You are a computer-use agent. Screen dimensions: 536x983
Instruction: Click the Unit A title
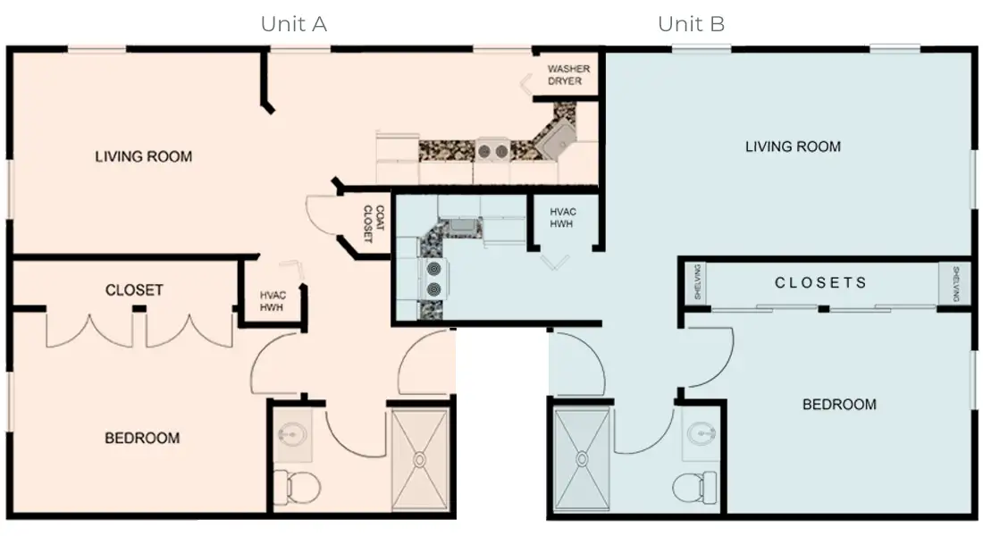click(x=293, y=24)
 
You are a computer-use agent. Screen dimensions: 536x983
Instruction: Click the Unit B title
click(x=691, y=24)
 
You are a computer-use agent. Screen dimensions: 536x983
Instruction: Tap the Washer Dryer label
click(x=565, y=74)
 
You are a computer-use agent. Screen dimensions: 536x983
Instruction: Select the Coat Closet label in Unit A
click(x=374, y=224)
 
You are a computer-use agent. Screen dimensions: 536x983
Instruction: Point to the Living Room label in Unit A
click(x=143, y=156)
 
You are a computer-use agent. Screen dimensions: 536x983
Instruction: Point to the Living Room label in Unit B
click(x=793, y=146)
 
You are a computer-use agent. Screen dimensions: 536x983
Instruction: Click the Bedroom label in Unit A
click(x=142, y=438)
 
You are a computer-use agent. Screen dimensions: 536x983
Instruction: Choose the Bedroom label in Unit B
click(x=839, y=404)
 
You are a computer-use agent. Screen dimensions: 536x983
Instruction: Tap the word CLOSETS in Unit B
click(x=820, y=282)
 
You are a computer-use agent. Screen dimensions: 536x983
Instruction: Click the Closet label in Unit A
click(x=134, y=290)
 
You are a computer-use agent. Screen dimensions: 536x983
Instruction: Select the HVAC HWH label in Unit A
click(x=273, y=300)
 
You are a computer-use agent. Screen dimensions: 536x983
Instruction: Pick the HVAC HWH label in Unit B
click(x=563, y=217)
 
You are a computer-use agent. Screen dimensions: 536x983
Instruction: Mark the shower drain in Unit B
click(x=582, y=459)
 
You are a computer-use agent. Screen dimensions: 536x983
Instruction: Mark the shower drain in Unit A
click(x=418, y=459)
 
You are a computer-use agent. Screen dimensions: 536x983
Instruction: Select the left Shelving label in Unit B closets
click(x=698, y=282)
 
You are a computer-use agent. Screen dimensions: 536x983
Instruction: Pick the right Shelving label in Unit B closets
click(x=954, y=282)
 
